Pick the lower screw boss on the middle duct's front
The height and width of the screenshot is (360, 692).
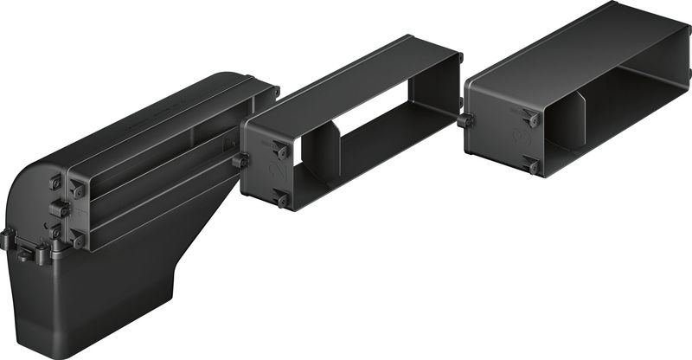coord(281,200)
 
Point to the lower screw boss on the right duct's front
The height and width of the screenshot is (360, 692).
coord(530,164)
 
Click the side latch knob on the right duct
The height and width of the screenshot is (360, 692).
coord(467,121)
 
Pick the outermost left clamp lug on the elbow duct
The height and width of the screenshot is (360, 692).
coord(7,239)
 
